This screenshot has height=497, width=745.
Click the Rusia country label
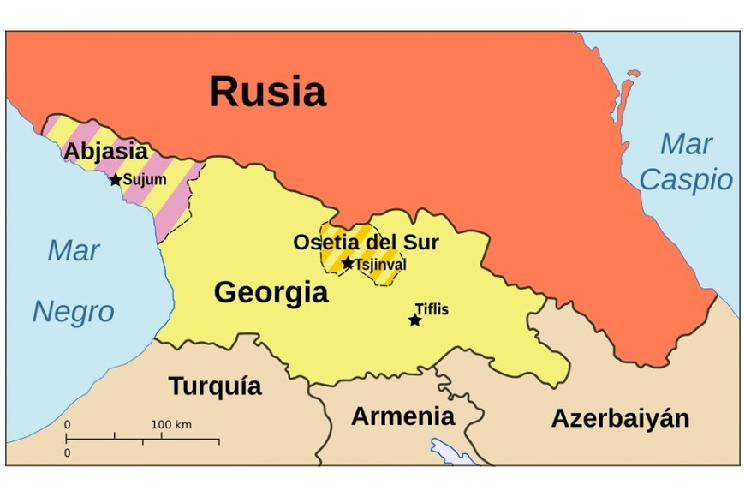pos(267,92)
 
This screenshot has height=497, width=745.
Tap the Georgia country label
pos(271,293)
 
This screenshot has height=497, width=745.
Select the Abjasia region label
pos(106,152)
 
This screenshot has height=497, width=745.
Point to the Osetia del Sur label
pos(366,243)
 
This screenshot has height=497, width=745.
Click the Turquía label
pos(215,386)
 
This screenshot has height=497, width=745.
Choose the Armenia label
pos(402,416)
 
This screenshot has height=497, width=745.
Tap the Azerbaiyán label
pos(620,418)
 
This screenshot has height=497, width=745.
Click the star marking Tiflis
pos(415,320)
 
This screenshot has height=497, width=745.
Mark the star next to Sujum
pos(116,180)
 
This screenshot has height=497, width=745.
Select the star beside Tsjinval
pos(348,263)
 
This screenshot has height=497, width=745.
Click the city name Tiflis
pos(432,309)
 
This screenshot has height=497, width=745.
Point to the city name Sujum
pos(145,180)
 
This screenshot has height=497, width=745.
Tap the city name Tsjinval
pos(380,265)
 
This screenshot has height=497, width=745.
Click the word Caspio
pos(686,180)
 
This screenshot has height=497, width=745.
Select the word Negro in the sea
pos(73,312)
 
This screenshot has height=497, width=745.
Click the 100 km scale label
pos(171,424)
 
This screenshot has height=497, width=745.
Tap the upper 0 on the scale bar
pos(67,424)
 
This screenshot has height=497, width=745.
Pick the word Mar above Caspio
pos(686,144)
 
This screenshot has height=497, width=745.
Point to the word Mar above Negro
pos(74,251)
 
